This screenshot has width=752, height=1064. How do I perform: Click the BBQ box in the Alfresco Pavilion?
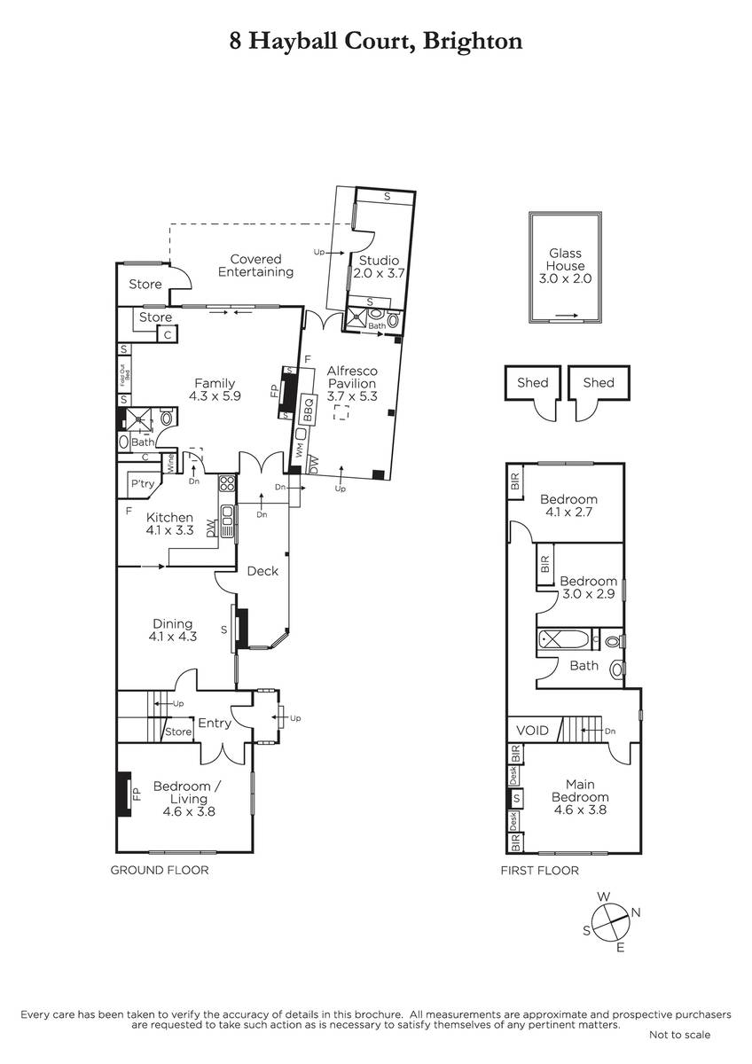coord(308,410)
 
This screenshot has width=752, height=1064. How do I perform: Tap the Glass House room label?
coord(565,259)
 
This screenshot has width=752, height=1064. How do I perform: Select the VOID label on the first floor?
coord(533,730)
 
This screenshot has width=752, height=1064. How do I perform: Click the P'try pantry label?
coord(143,483)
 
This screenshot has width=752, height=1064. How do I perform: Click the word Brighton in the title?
coord(473,42)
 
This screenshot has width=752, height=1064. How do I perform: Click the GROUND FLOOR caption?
coord(160,870)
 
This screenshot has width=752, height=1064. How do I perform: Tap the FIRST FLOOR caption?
coord(540,871)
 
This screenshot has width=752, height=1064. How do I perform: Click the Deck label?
coord(262,571)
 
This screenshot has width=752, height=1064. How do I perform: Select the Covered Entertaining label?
coord(255,265)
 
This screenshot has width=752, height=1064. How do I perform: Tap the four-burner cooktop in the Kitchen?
coord(227,483)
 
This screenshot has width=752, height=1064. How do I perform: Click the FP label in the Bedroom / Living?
coord(137,794)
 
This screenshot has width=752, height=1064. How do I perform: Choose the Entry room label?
coord(215,723)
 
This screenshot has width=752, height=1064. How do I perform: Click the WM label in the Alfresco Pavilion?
coord(299,450)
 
